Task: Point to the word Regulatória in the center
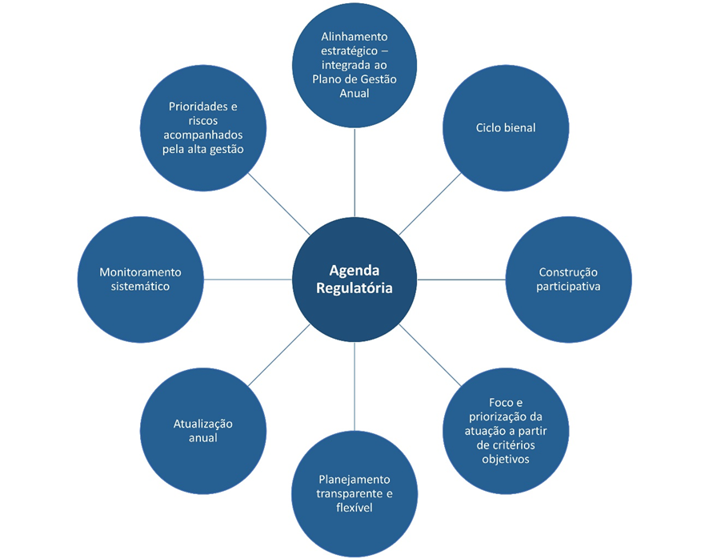(x=354, y=288)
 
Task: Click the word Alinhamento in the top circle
(x=354, y=37)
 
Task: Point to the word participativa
(x=568, y=286)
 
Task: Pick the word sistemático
(x=140, y=286)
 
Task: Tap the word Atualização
(x=203, y=424)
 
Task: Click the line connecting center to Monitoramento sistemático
(x=247, y=279)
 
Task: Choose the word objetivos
(x=506, y=459)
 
